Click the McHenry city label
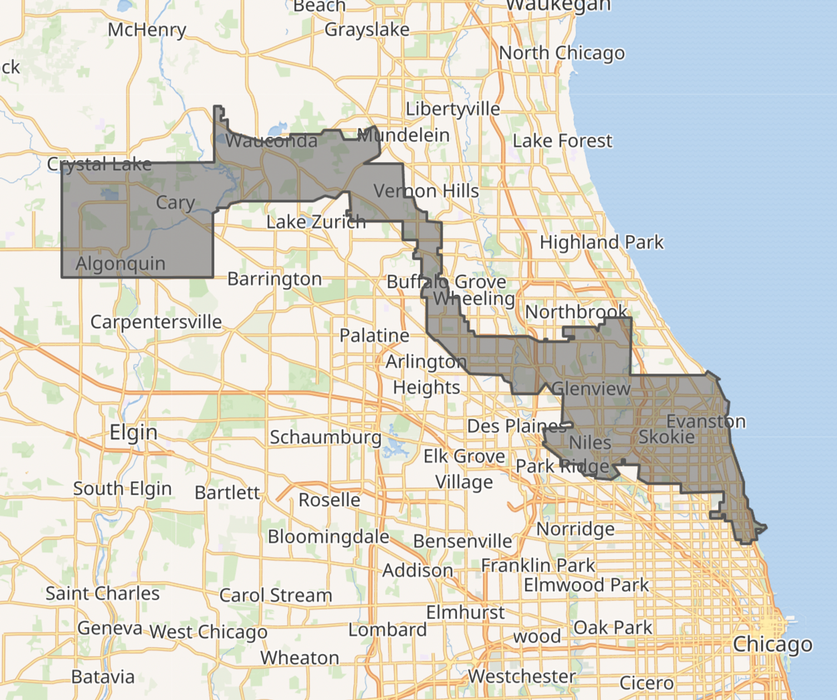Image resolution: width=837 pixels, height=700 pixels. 147,30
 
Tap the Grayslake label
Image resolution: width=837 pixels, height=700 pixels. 367,30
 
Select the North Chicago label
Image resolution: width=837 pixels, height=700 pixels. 561,53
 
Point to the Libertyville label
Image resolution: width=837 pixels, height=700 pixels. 453,109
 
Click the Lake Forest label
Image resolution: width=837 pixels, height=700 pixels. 562,141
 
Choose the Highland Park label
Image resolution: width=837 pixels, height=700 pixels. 602,242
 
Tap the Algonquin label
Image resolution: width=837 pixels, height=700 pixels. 120,264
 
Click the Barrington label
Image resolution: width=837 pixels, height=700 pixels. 274,279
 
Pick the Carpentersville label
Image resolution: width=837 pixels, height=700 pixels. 156,322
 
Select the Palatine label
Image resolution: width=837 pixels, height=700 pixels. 374,336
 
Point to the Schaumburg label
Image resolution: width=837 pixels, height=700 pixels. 325,437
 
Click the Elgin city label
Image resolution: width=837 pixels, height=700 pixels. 133,432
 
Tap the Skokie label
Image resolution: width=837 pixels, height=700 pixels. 666,437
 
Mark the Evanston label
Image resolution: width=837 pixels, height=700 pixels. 706,422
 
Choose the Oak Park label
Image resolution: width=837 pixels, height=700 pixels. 612,628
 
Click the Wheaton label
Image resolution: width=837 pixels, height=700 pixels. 299,658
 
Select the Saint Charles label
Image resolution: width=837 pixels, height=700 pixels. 102,594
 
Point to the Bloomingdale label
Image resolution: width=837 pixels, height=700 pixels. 328,537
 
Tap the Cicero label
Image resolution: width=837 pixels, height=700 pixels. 646,683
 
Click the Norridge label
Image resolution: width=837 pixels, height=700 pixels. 575,529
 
